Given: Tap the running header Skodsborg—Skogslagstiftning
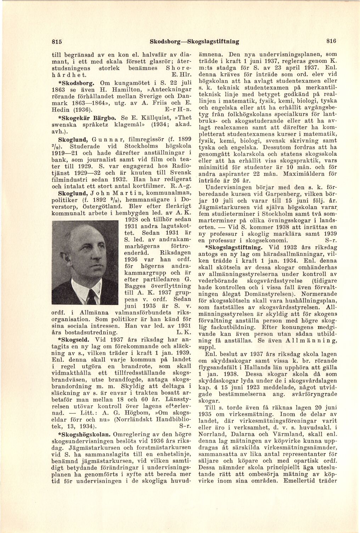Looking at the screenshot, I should (x=194, y=41).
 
